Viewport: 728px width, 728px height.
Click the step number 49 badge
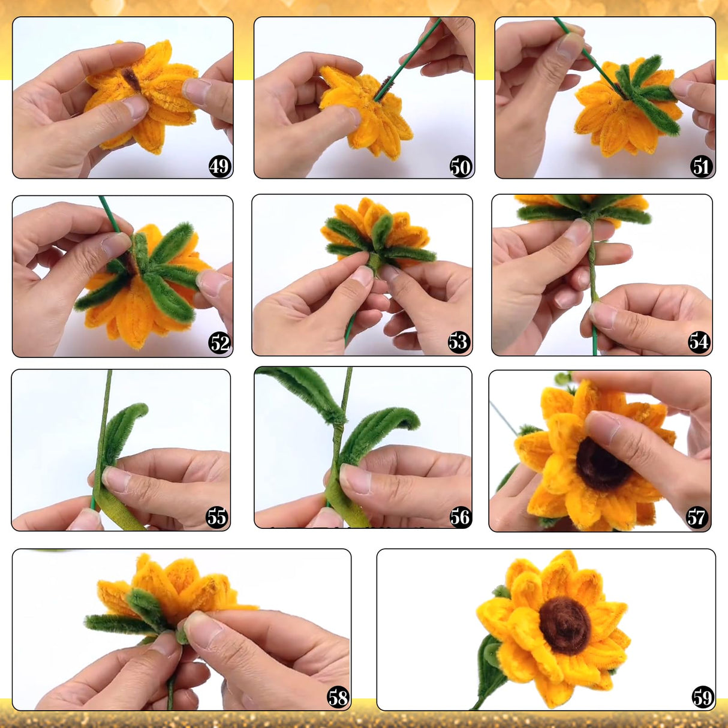pos(219,166)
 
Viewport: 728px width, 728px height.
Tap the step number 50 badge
pos(461,166)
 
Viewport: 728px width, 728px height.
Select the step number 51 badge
pos(701,166)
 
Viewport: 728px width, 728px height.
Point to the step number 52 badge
pos(219,343)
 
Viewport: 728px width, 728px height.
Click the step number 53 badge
pos(458,342)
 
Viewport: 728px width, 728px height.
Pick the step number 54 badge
pos(699,342)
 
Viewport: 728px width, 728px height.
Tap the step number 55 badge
pos(216,516)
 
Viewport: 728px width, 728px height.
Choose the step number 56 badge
pos(460,516)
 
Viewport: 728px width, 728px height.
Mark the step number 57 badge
pos(696,516)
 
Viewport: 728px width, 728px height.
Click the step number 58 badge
pos(338,697)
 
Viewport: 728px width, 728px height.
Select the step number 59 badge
pos(702,697)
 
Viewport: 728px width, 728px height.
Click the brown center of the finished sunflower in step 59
pos(564,625)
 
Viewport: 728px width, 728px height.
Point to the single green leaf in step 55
pos(123,429)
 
